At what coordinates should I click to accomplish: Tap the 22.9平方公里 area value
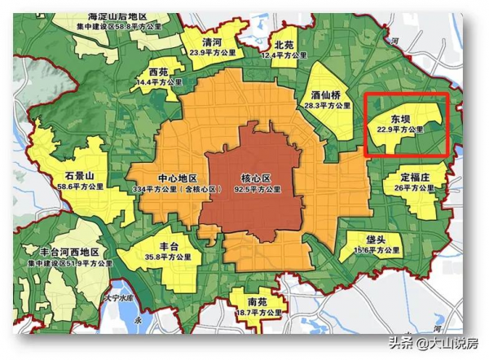[400, 130]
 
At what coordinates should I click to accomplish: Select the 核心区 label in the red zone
[253, 178]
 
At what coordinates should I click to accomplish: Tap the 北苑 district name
[284, 45]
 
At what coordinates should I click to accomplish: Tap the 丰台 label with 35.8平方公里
[166, 243]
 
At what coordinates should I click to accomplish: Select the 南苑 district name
[257, 301]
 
